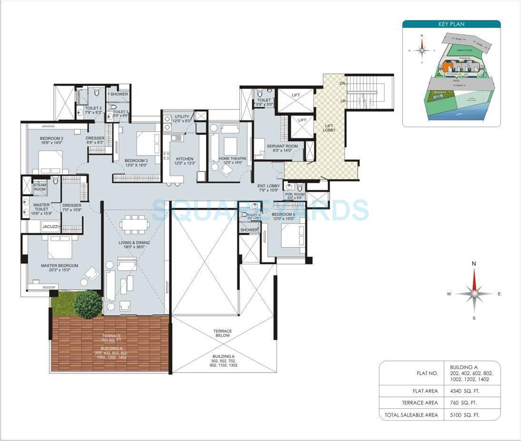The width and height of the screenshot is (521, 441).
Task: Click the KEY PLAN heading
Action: pos(451,24)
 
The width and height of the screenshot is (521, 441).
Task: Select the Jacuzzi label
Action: pos(50,227)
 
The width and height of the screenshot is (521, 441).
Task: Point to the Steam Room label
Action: pos(39,187)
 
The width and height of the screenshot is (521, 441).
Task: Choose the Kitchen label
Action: pos(185,159)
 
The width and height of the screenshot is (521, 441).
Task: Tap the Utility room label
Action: pos(182,117)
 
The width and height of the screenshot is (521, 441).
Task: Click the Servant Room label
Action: pos(282,146)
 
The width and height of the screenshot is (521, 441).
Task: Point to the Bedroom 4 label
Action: pos(283,215)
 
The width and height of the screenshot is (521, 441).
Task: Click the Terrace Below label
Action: pos(222,333)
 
